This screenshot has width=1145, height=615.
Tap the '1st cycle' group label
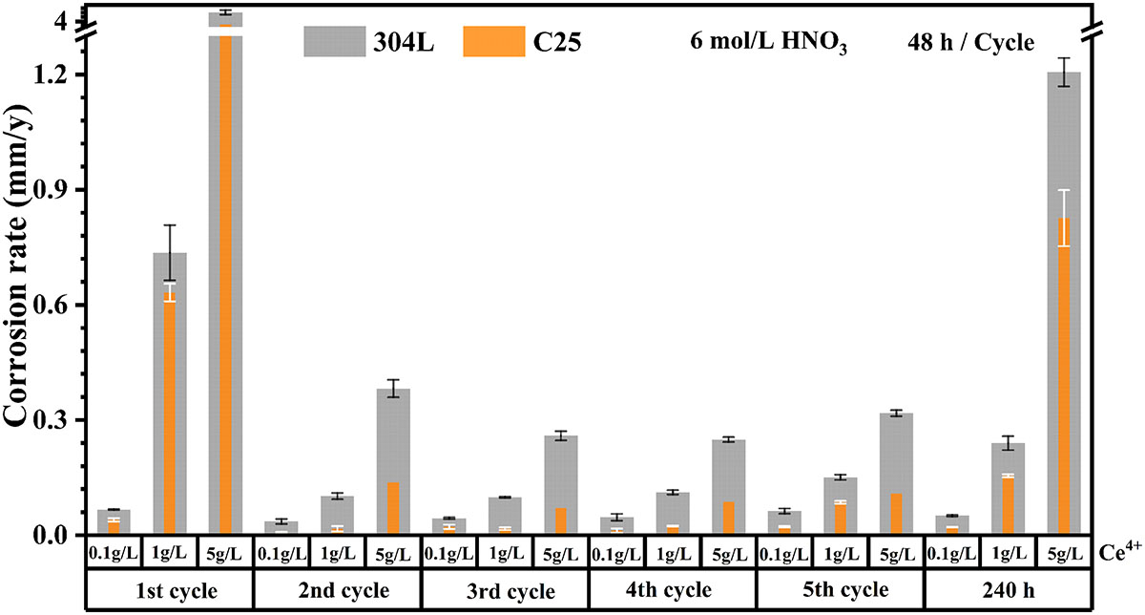tap(169, 589)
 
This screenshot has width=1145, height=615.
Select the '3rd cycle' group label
tap(504, 589)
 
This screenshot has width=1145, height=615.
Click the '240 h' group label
tap(1007, 589)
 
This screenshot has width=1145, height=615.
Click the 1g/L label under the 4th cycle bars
tap(672, 553)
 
